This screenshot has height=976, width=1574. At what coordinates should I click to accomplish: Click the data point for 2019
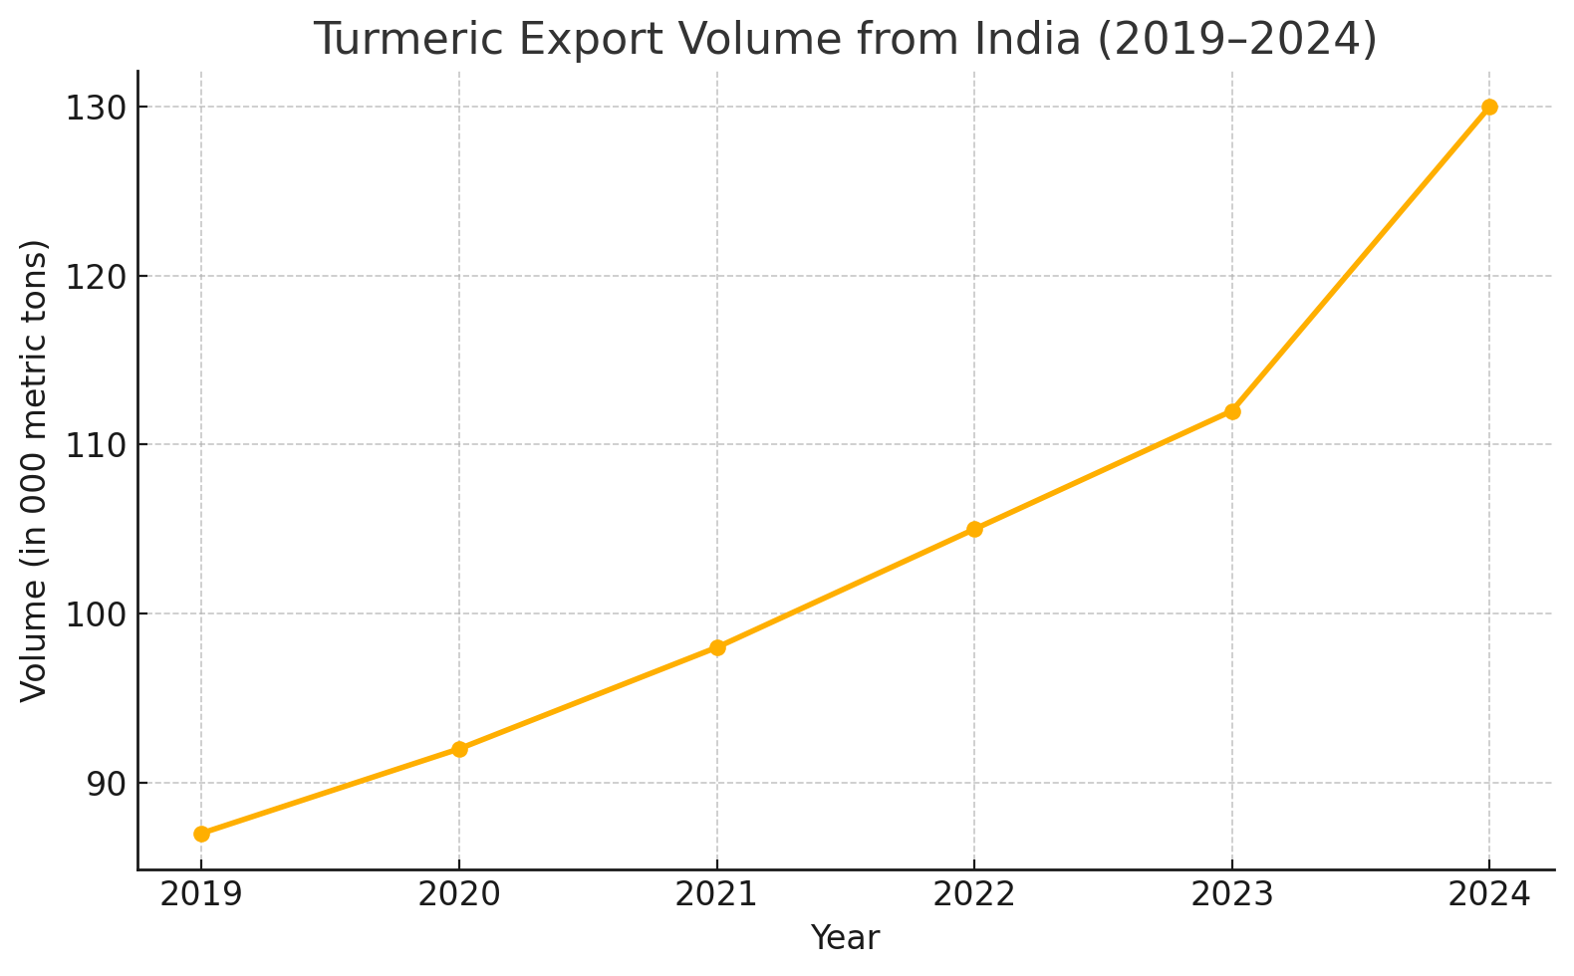pyautogui.click(x=201, y=834)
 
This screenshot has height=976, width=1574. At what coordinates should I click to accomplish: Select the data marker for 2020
pyautogui.click(x=459, y=749)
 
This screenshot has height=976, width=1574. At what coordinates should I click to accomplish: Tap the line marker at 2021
pyautogui.click(x=717, y=647)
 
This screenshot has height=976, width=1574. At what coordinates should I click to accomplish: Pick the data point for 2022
pyautogui.click(x=974, y=529)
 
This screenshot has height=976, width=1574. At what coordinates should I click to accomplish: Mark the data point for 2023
pyautogui.click(x=1232, y=411)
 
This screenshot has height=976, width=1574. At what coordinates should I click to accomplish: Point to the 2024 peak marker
pyautogui.click(x=1489, y=107)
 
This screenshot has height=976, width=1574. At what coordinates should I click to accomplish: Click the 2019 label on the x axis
pyautogui.click(x=201, y=894)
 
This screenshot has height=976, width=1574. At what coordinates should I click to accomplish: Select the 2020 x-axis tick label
pyautogui.click(x=459, y=894)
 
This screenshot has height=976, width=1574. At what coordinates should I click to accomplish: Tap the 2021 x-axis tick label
pyautogui.click(x=717, y=894)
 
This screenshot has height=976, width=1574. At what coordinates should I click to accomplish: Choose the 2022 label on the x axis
pyautogui.click(x=974, y=894)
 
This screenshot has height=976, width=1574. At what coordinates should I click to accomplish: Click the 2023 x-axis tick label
pyautogui.click(x=1232, y=894)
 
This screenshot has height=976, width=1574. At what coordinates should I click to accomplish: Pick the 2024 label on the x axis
pyautogui.click(x=1489, y=894)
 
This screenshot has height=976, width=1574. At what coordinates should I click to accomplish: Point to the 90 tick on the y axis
pyautogui.click(x=104, y=784)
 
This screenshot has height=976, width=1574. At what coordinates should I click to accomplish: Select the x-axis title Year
pyautogui.click(x=845, y=938)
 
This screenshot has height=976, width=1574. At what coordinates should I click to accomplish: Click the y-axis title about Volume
pyautogui.click(x=34, y=470)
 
